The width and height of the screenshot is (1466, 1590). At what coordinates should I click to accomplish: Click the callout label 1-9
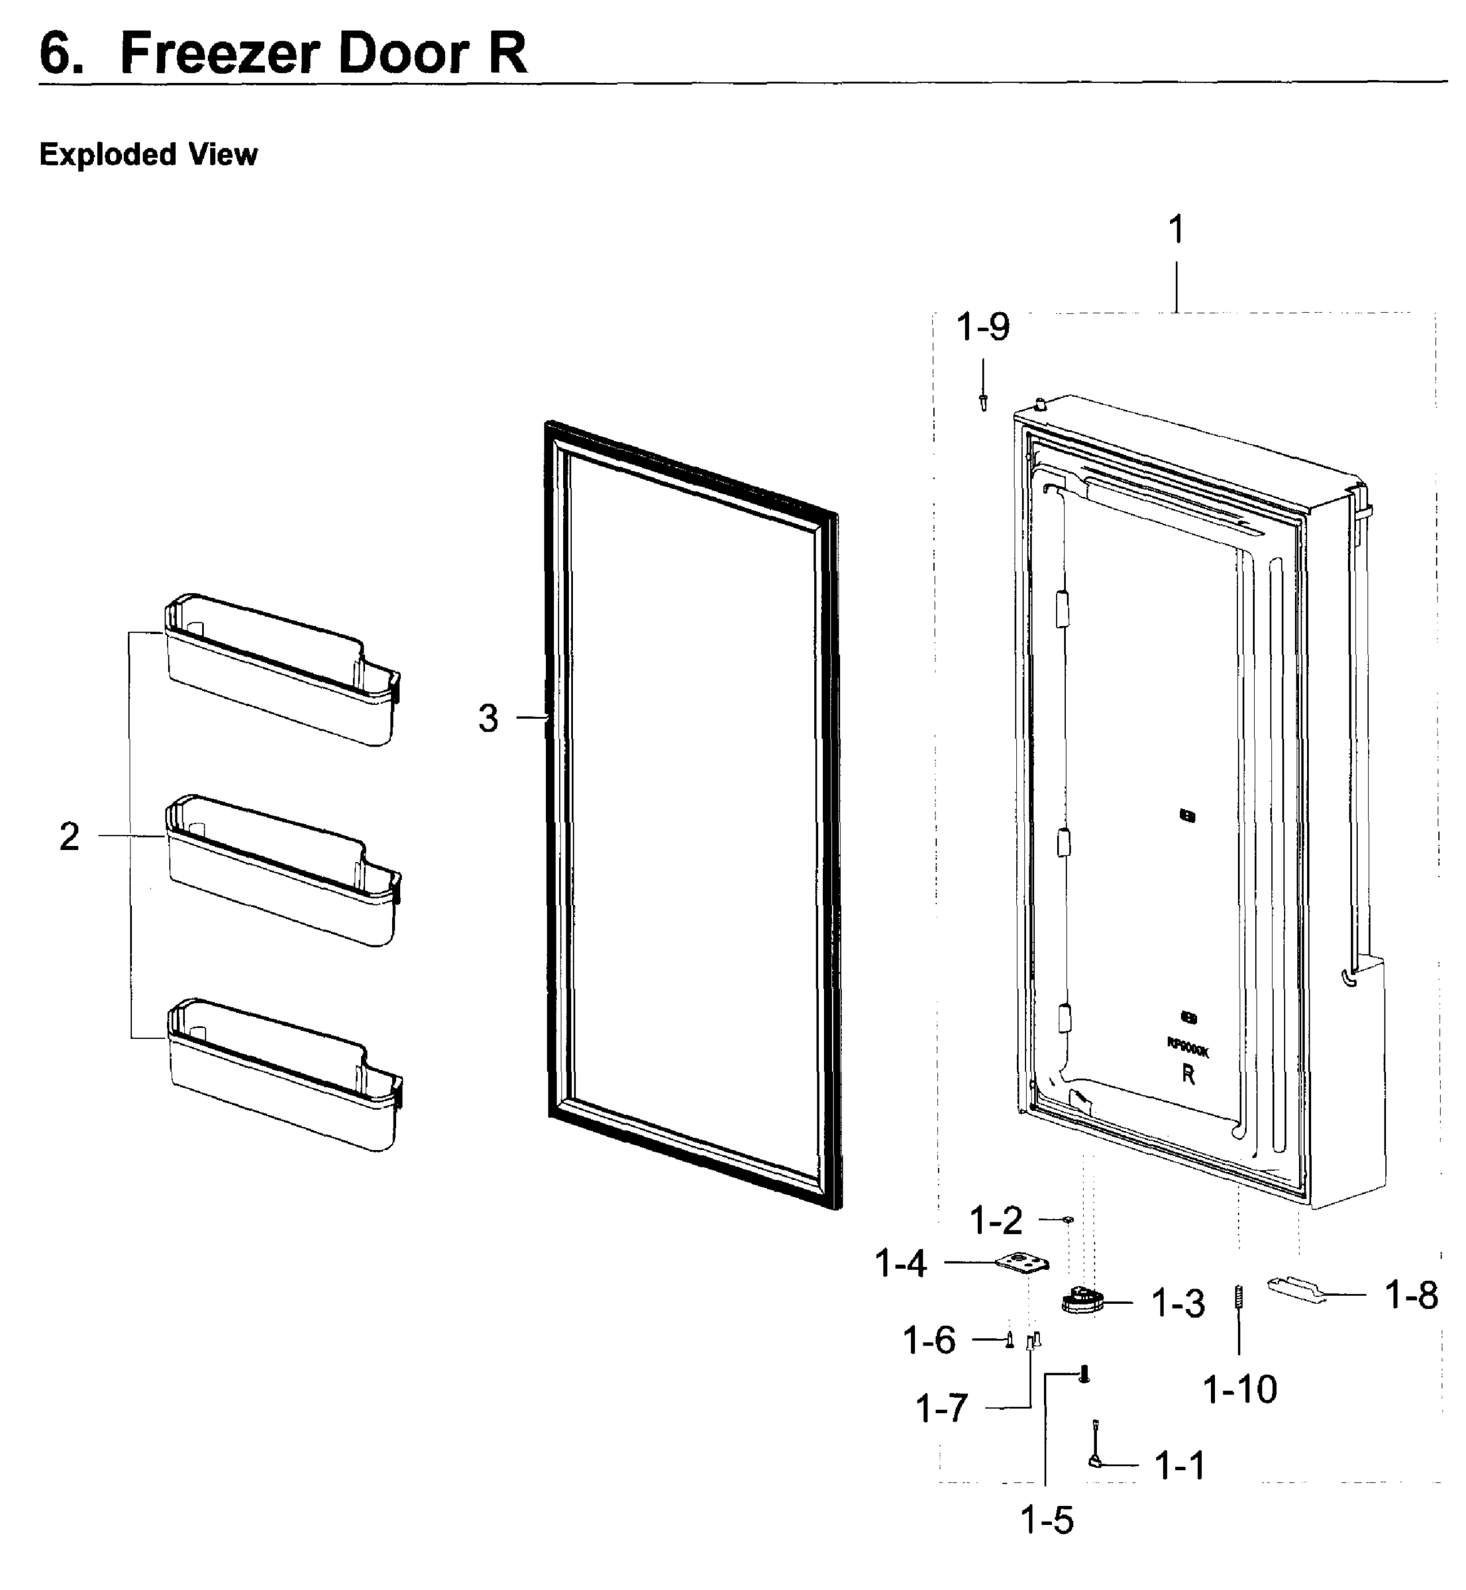(x=983, y=326)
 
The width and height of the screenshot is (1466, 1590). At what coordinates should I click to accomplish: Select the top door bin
(x=282, y=670)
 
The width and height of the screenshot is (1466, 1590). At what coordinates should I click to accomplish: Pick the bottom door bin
(x=282, y=1075)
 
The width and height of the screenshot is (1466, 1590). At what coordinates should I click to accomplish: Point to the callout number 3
(x=488, y=718)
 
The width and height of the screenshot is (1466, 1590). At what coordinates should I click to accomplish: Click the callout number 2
(x=70, y=836)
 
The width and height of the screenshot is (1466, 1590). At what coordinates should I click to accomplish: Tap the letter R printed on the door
(x=1188, y=1075)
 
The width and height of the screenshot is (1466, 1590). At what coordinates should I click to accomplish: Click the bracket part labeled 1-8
(x=1297, y=1287)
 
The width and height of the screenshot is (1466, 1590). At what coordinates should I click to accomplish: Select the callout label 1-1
(x=1180, y=1465)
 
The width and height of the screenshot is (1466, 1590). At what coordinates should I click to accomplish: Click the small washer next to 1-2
(x=1068, y=1219)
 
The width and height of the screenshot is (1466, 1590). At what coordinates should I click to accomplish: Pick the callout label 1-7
(x=941, y=1409)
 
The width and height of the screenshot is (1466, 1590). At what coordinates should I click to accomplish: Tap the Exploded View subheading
(x=148, y=154)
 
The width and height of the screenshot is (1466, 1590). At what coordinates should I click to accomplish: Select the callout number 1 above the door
(x=1177, y=230)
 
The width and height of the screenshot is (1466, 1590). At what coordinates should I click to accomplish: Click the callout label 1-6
(x=929, y=1340)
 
